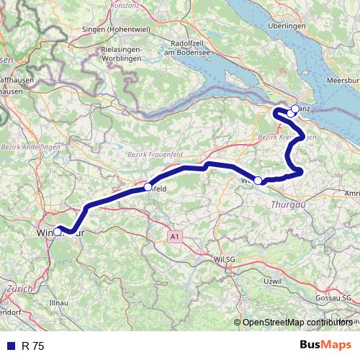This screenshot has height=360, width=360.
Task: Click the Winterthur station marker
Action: coord(57,232)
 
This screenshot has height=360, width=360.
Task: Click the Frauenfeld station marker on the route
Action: coord(148,186)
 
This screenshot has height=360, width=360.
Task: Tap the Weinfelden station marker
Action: coord(258,181)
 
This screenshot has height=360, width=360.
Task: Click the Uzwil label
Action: coord(272,279)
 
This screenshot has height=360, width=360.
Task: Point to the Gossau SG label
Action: coord(336,297)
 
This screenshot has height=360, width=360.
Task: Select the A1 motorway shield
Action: coord(174,235)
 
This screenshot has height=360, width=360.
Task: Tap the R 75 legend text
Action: coord(32,346)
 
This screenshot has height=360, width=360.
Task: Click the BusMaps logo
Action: coord(325,346)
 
